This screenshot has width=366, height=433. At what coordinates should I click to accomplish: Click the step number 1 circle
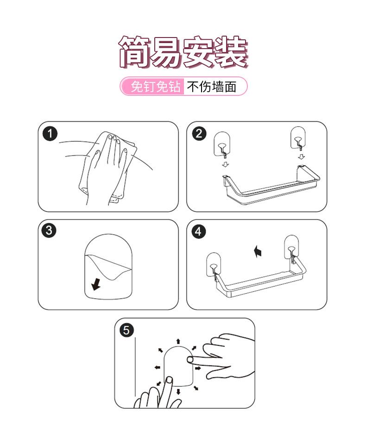click(50, 134)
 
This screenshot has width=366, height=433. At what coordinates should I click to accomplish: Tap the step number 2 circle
click(199, 134)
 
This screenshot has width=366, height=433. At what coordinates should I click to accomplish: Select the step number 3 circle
click(49, 231)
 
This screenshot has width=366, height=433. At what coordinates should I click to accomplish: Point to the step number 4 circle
click(199, 232)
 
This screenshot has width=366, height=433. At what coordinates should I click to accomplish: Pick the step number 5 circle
click(126, 330)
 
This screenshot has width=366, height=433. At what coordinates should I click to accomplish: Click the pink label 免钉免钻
click(156, 87)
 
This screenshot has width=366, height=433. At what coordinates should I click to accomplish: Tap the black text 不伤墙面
click(212, 87)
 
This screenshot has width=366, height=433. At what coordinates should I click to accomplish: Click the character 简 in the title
click(135, 52)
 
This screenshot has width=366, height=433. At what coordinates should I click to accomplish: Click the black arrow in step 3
click(96, 284)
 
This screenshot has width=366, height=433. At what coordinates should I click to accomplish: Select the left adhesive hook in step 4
click(214, 264)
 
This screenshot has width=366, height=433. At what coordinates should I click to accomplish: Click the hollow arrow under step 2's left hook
click(226, 164)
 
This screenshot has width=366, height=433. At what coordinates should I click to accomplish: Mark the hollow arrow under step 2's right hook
click(301, 157)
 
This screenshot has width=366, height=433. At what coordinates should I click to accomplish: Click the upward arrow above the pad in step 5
click(178, 341)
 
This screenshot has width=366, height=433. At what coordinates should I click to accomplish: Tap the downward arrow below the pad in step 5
click(178, 392)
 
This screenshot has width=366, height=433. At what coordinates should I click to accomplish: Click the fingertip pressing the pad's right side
click(190, 359)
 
